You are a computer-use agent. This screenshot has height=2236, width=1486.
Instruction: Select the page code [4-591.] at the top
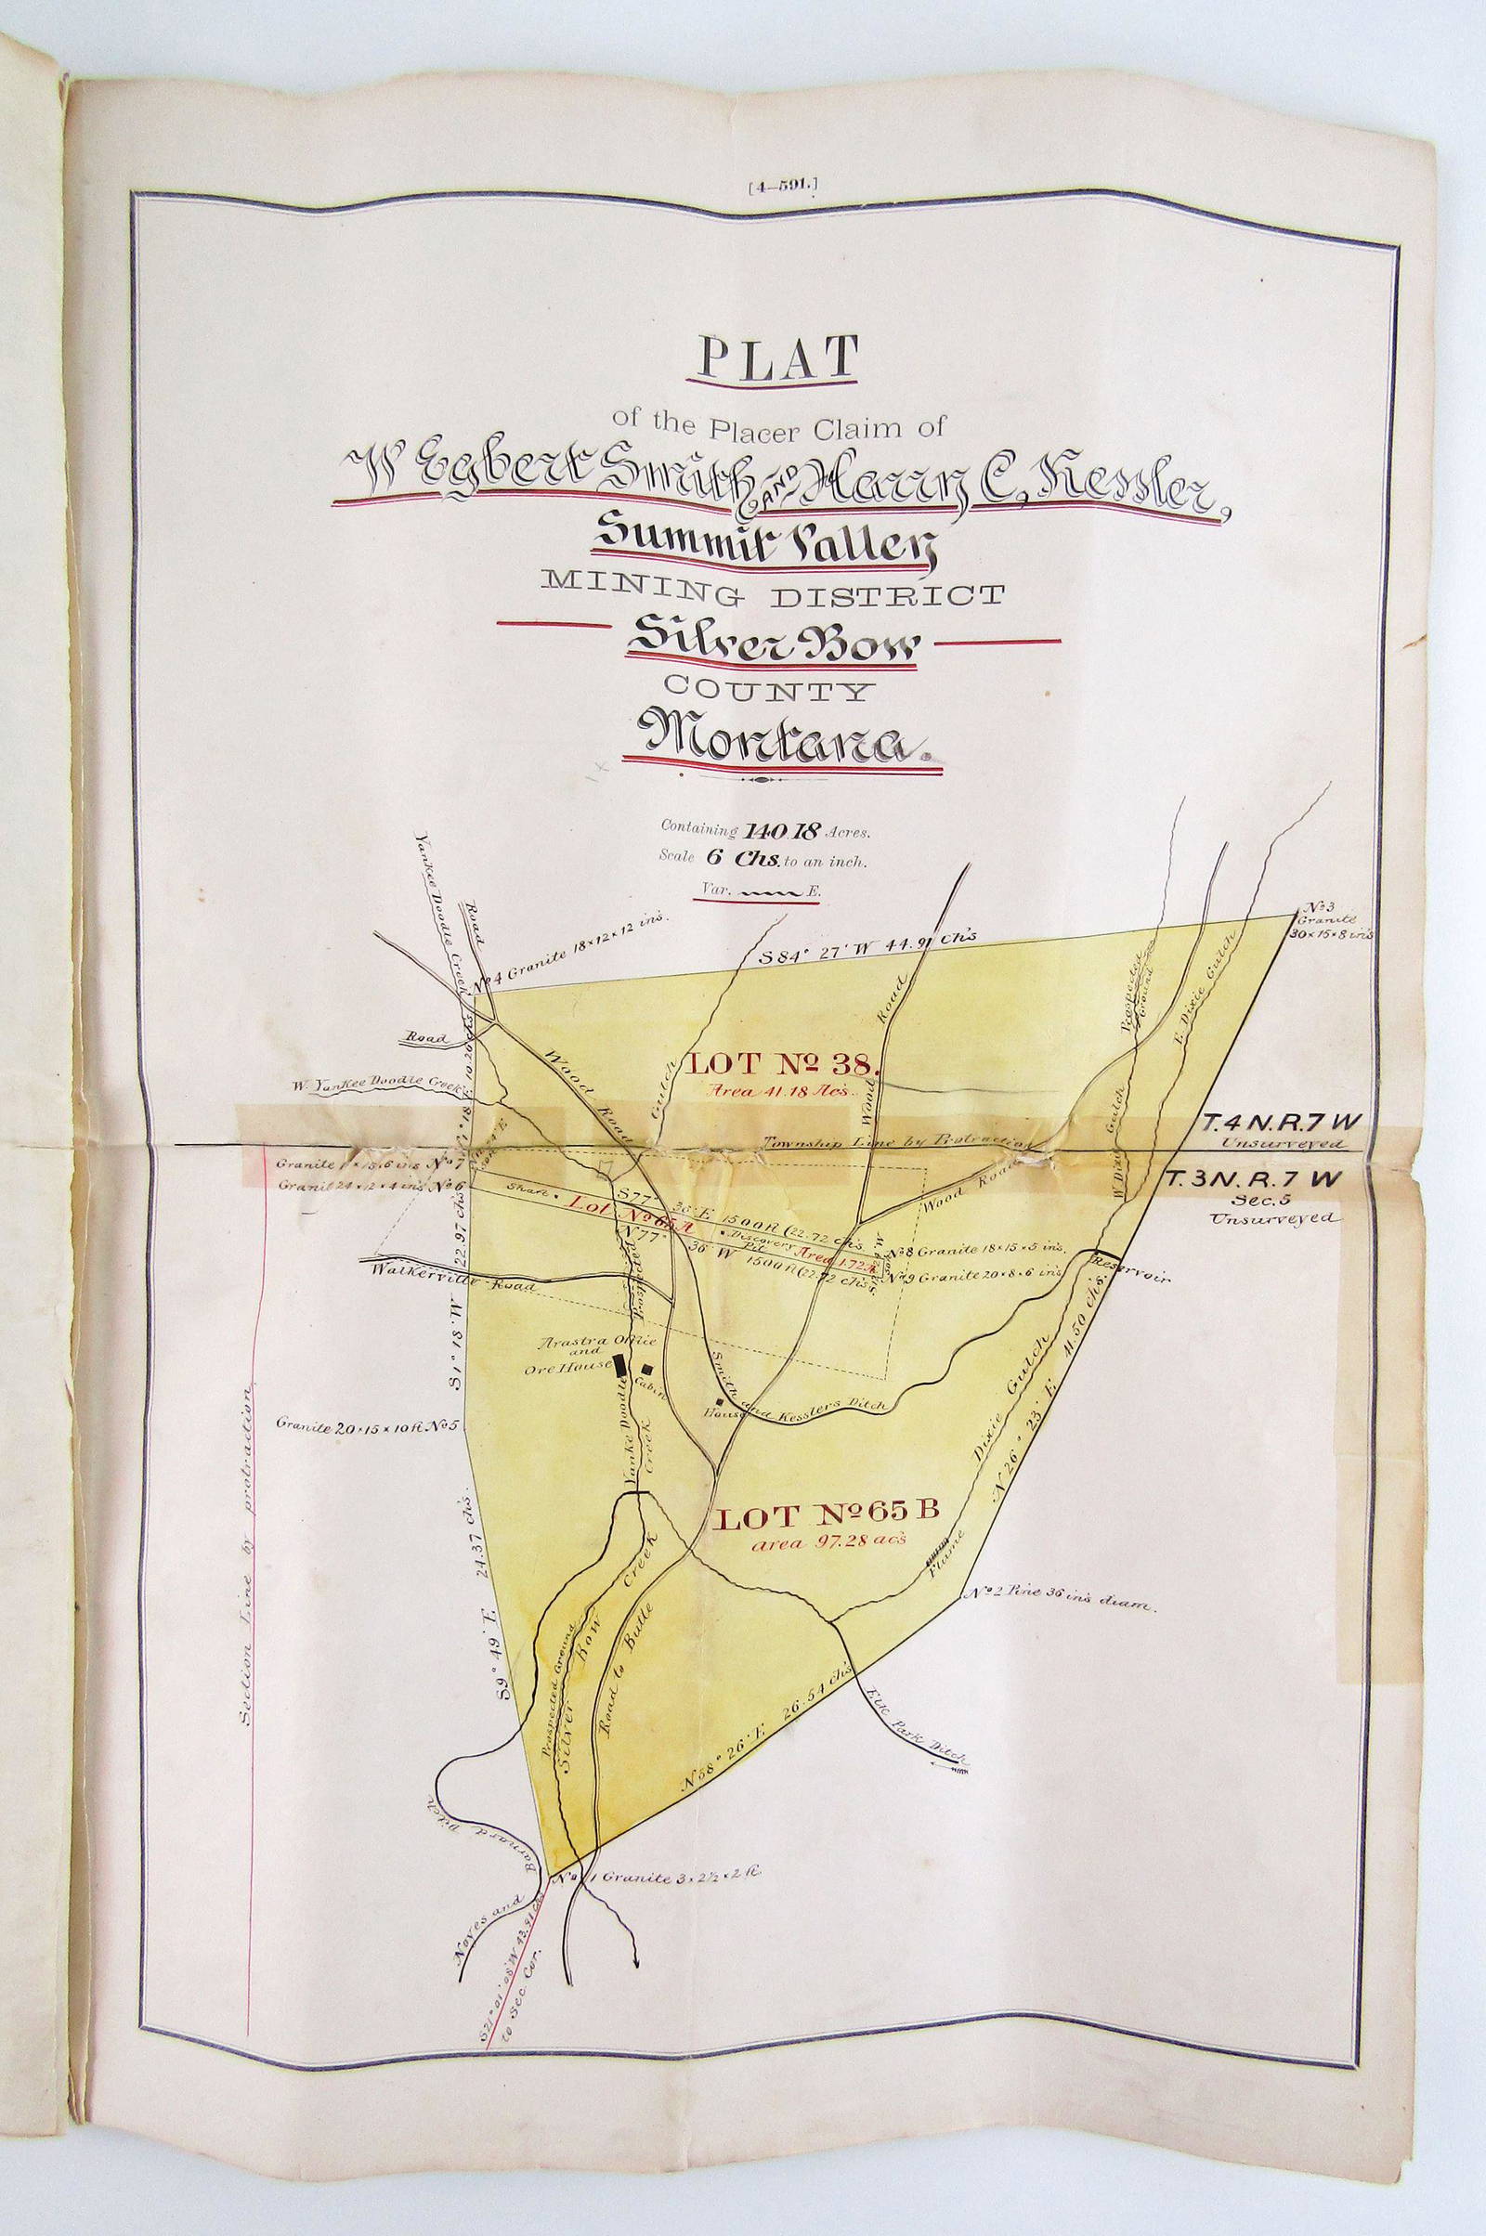pos(776,188)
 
